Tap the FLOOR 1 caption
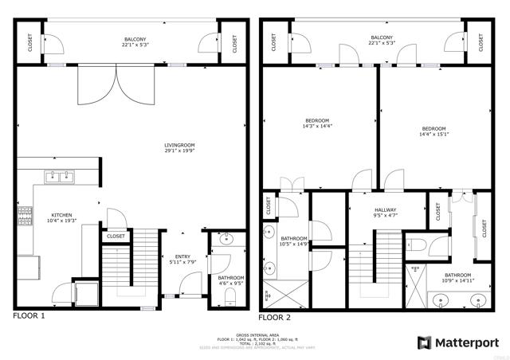click(29, 317)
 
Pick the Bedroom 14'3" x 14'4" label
click(317, 123)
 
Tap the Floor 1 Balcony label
click(135, 41)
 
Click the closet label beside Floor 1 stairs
click(116, 237)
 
